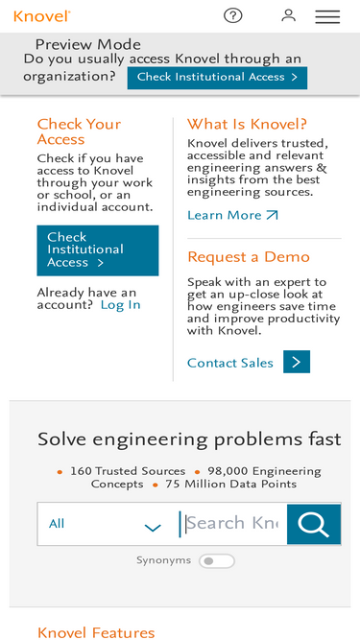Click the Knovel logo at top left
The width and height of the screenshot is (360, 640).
[41, 15]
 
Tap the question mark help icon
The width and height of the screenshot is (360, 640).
[233, 15]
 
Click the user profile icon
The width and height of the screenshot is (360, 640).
[288, 15]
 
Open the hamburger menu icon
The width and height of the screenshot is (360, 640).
[327, 16]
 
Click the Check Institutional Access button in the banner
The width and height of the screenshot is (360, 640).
[217, 77]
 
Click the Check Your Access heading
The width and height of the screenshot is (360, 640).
[79, 131]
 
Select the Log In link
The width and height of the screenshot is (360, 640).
[121, 304]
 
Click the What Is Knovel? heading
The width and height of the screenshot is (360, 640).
[247, 124]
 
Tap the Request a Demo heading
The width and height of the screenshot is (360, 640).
[248, 256]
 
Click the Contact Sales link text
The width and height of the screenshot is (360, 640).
[230, 363]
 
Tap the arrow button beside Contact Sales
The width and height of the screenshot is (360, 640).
[297, 362]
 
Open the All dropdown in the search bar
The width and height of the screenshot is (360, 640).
[106, 524]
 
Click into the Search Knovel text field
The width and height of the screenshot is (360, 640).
[232, 524]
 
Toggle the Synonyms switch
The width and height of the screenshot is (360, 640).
[216, 560]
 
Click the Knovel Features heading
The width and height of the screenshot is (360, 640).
[96, 632]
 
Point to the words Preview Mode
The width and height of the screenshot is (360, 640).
[87, 44]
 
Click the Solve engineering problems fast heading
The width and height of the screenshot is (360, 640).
[189, 439]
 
